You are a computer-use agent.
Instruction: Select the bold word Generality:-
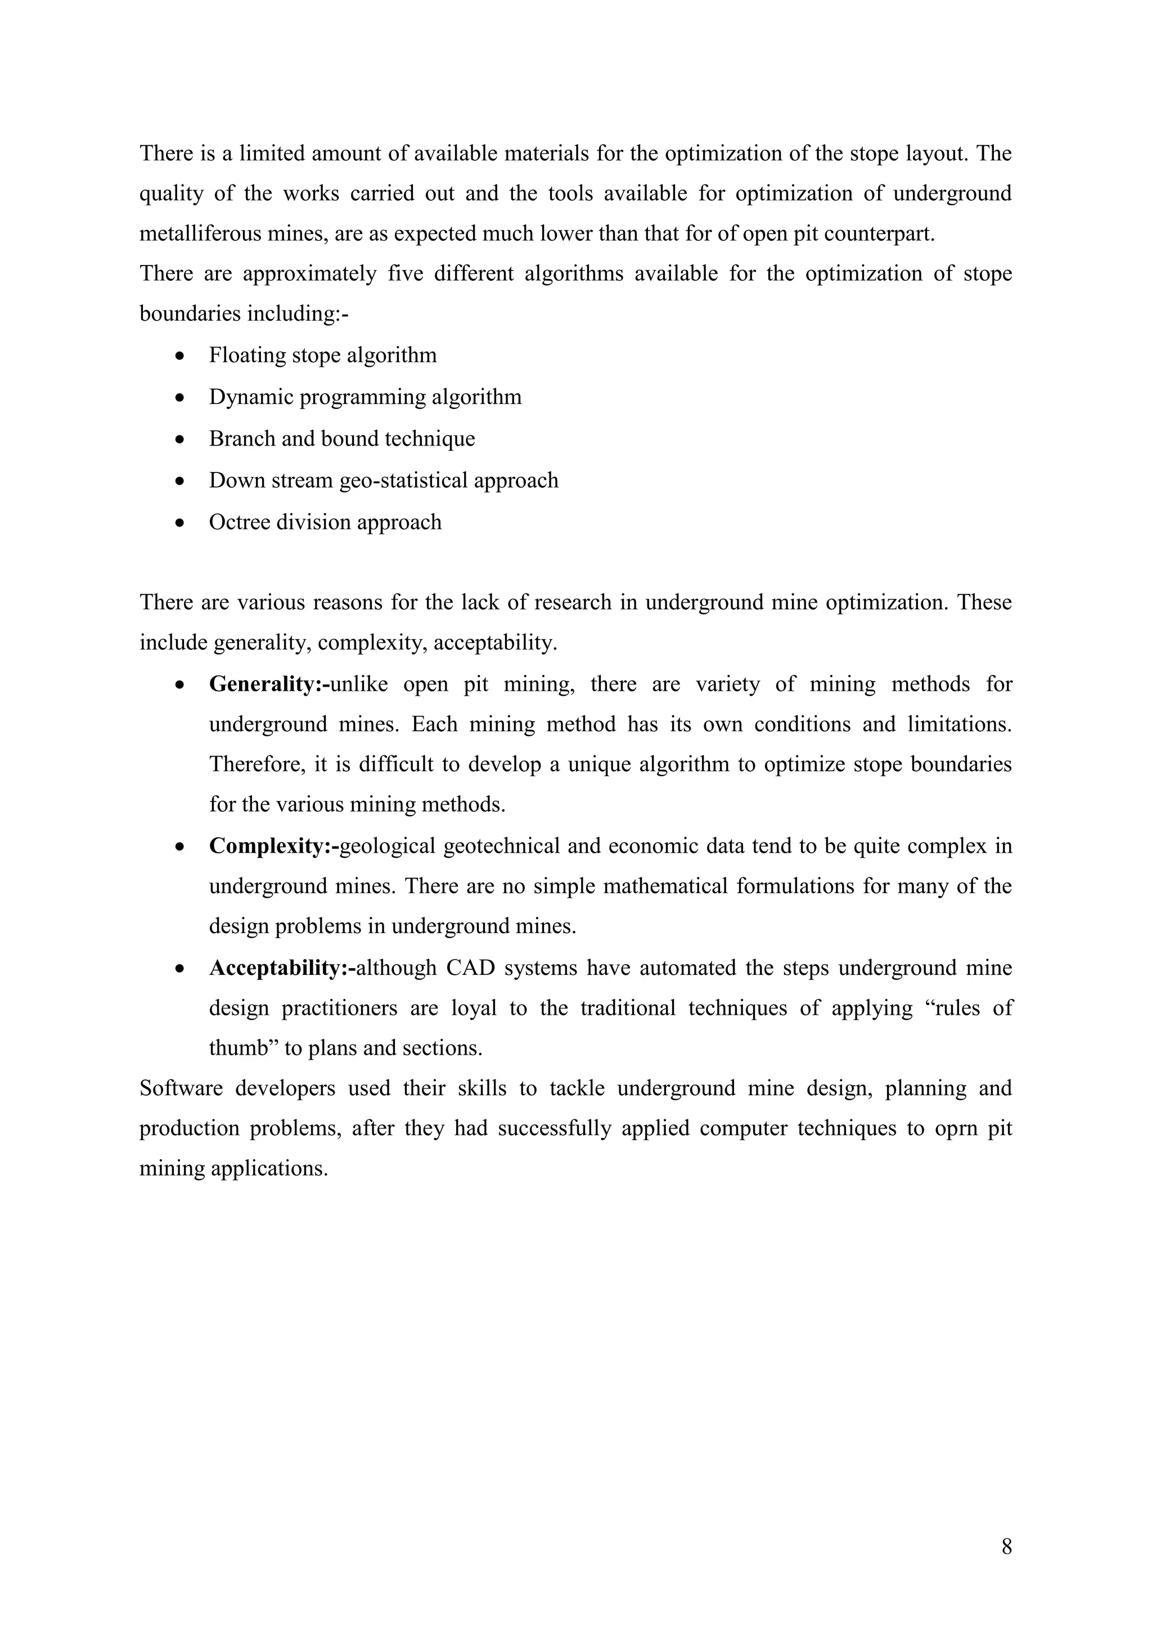[269, 684]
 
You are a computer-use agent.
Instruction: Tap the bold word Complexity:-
[274, 847]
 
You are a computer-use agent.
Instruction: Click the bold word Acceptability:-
[282, 967]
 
